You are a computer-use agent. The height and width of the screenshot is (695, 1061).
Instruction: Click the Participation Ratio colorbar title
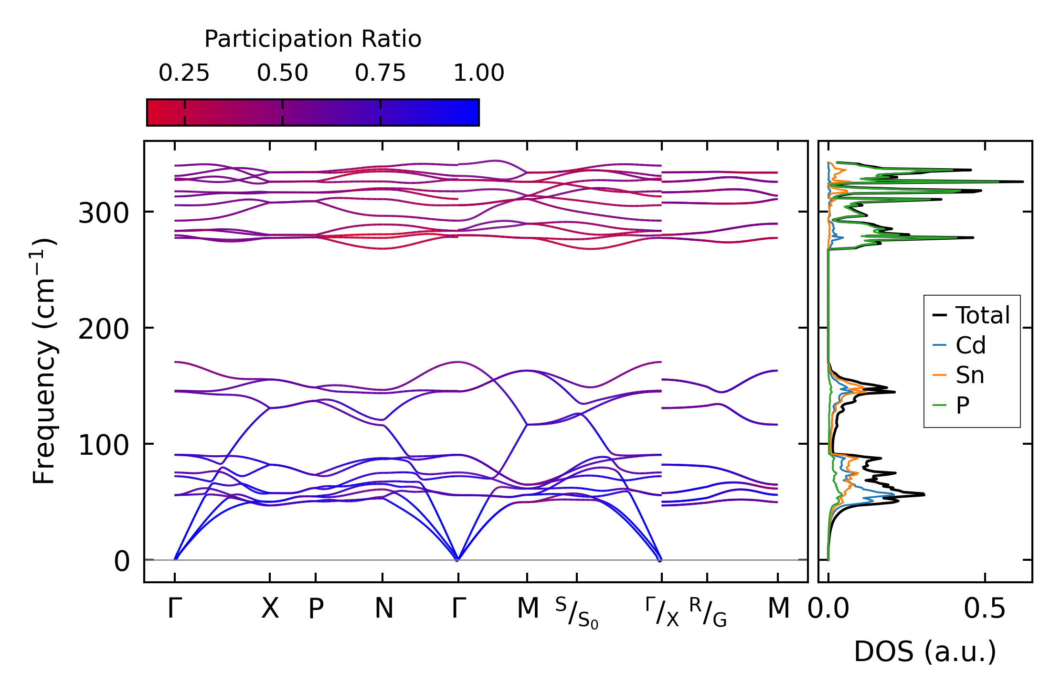(313, 39)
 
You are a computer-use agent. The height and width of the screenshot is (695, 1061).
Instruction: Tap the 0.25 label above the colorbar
(184, 73)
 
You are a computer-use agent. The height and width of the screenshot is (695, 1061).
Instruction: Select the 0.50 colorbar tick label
(282, 73)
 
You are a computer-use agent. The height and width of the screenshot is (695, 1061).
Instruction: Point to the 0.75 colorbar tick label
(380, 73)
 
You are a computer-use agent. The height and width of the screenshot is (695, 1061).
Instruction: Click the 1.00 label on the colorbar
(478, 73)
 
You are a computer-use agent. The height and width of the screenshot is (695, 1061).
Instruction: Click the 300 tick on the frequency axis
(103, 213)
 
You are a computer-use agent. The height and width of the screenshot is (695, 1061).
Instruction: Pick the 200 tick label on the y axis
(103, 329)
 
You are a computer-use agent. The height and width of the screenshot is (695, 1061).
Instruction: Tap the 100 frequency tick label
(103, 445)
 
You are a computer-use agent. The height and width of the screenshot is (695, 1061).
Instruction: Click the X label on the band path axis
(270, 609)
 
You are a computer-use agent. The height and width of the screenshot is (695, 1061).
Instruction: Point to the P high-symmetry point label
(316, 609)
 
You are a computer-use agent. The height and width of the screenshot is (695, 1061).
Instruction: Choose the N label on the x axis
(383, 609)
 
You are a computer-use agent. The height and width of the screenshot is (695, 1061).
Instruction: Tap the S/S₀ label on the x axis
(577, 613)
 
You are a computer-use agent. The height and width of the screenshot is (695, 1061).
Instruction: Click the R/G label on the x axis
(708, 612)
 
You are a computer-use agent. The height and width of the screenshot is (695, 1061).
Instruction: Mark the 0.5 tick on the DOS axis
(985, 609)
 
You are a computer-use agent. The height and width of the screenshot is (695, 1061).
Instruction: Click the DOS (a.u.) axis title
(925, 652)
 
